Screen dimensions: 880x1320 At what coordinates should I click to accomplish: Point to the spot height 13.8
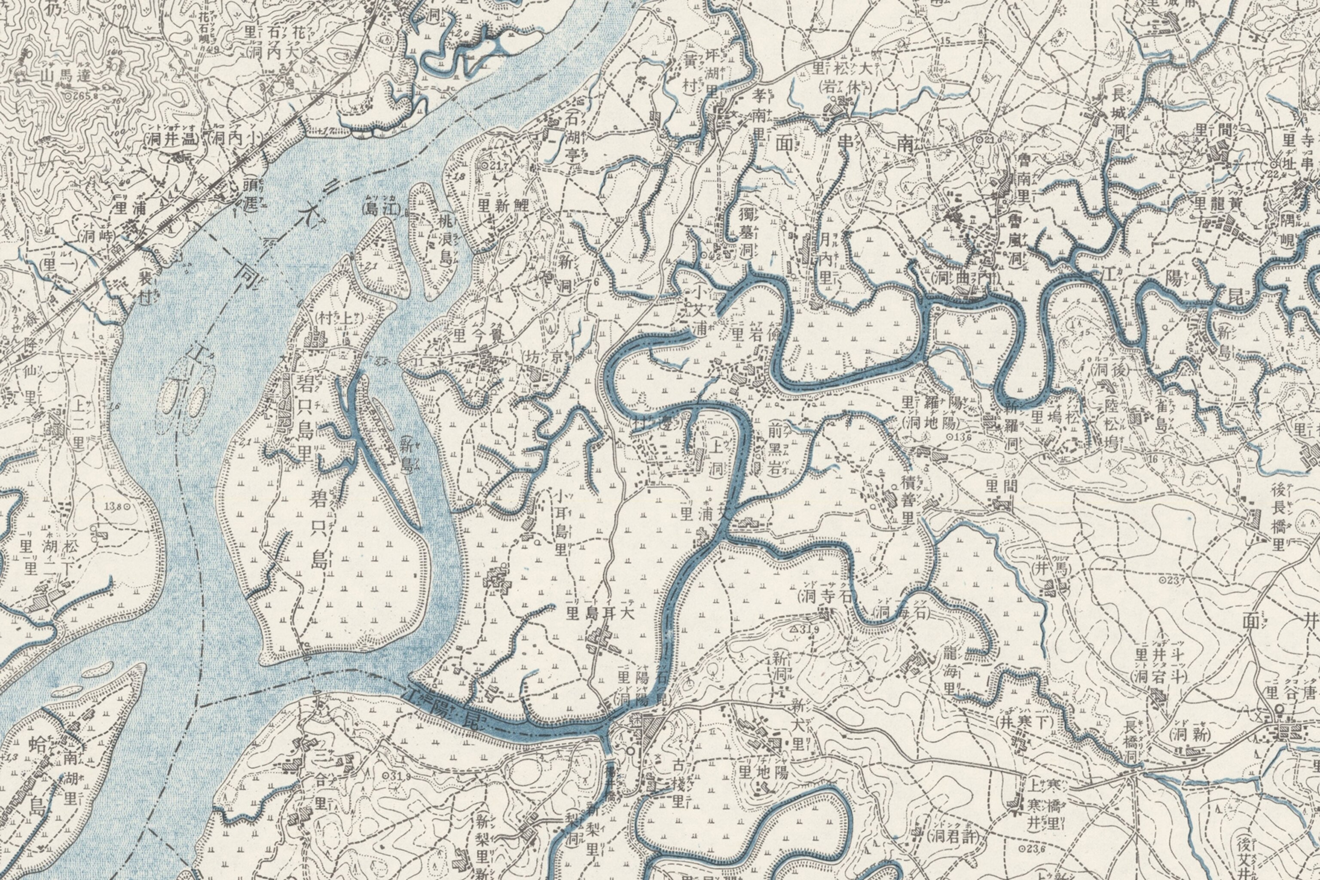[x=117, y=506]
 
